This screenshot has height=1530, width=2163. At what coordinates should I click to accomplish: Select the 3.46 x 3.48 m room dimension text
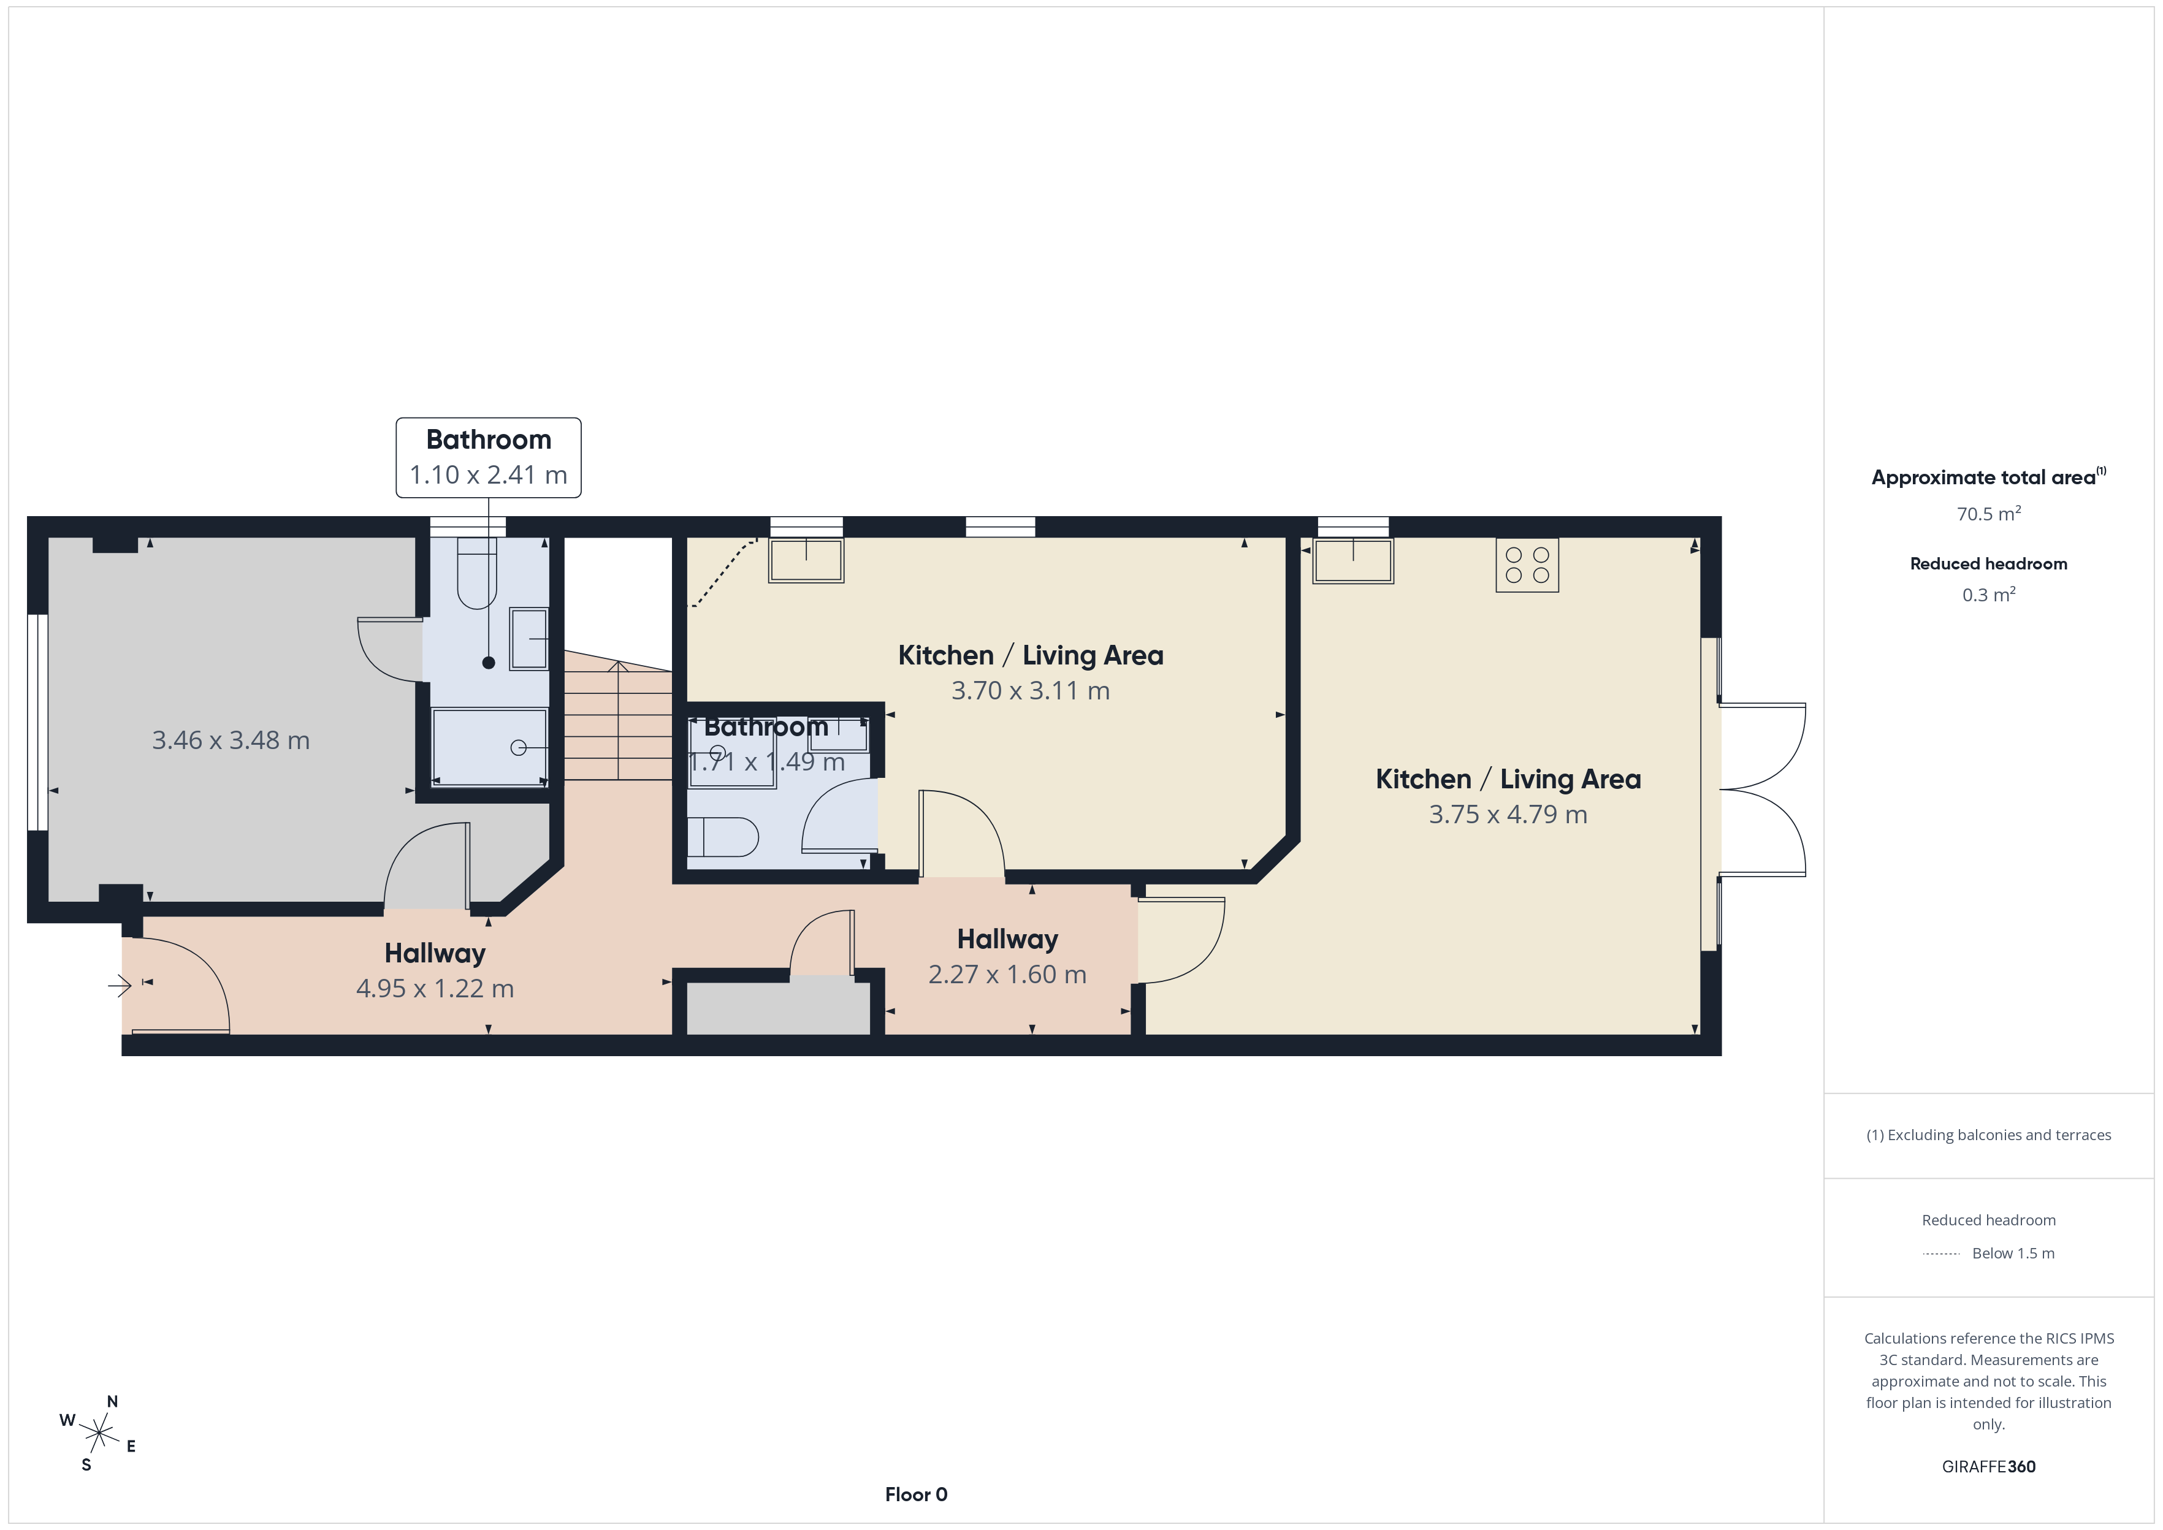pyautogui.click(x=231, y=740)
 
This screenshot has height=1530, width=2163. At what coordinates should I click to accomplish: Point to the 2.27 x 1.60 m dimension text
pyautogui.click(x=1007, y=974)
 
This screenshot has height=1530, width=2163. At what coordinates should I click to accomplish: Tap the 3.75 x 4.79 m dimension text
pyautogui.click(x=1508, y=814)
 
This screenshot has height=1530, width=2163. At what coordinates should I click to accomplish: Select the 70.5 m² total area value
pyautogui.click(x=1988, y=514)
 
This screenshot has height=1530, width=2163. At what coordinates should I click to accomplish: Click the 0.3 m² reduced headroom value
pyautogui.click(x=1988, y=595)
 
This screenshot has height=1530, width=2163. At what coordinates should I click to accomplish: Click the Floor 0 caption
pyautogui.click(x=916, y=1494)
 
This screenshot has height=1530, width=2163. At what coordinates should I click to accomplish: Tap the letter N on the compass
pyautogui.click(x=112, y=1402)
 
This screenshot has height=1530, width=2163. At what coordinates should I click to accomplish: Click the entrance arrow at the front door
pyautogui.click(x=120, y=986)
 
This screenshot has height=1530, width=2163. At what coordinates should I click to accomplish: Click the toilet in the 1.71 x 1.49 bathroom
pyautogui.click(x=723, y=837)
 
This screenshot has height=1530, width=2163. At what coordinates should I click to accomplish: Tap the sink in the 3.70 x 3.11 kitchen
pyautogui.click(x=806, y=560)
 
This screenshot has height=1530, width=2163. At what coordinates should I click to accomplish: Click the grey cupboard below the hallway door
pyautogui.click(x=778, y=1006)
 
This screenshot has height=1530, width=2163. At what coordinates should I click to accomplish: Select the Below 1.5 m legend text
pyautogui.click(x=2013, y=1253)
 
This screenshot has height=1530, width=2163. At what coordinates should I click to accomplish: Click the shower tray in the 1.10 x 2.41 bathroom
pyautogui.click(x=489, y=746)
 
